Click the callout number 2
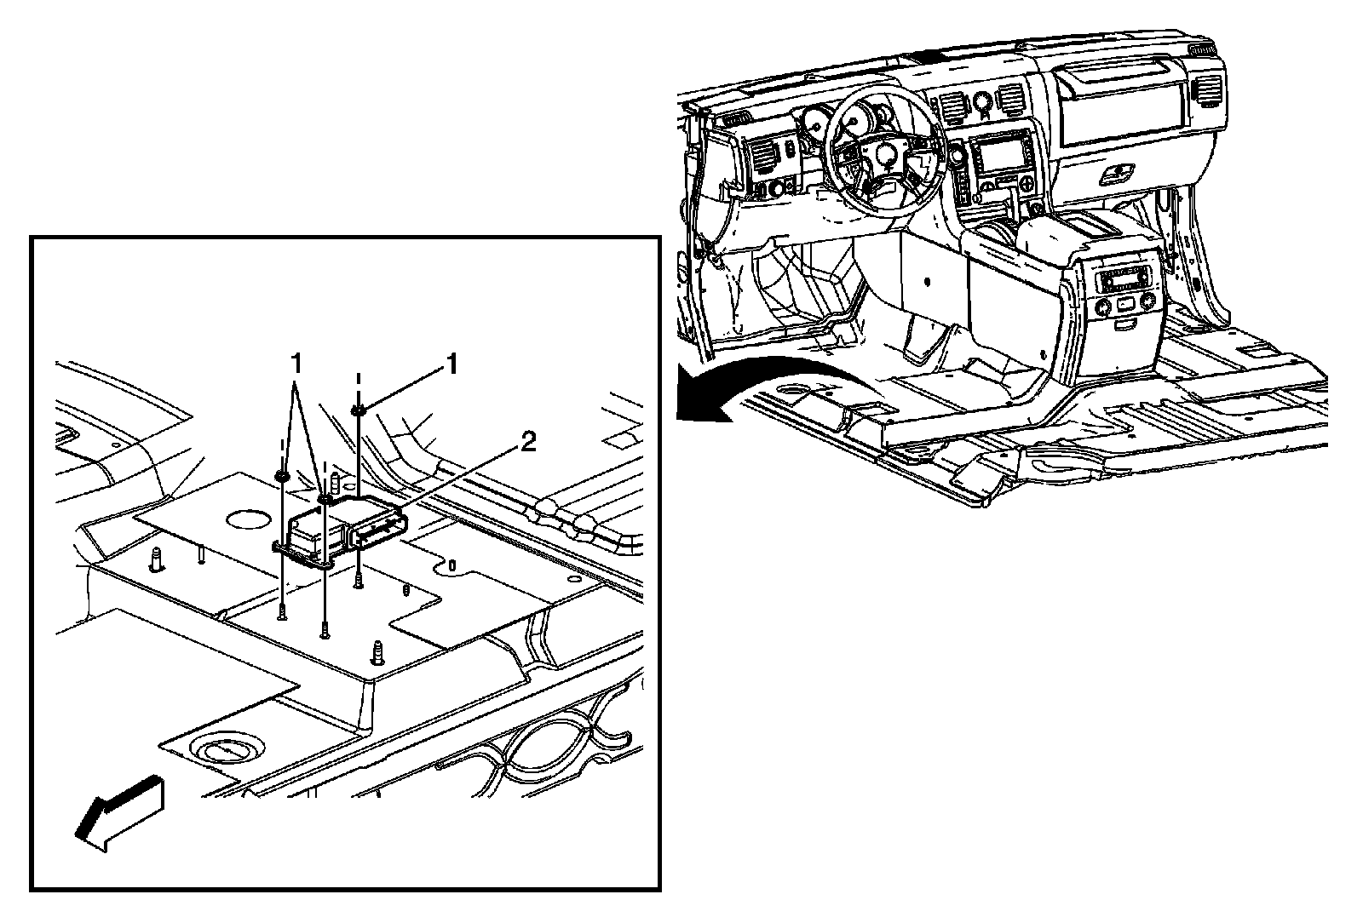tap(528, 441)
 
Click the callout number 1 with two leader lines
tap(296, 364)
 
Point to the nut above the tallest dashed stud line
tap(358, 412)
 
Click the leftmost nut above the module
tap(280, 474)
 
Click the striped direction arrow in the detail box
tap(119, 812)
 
